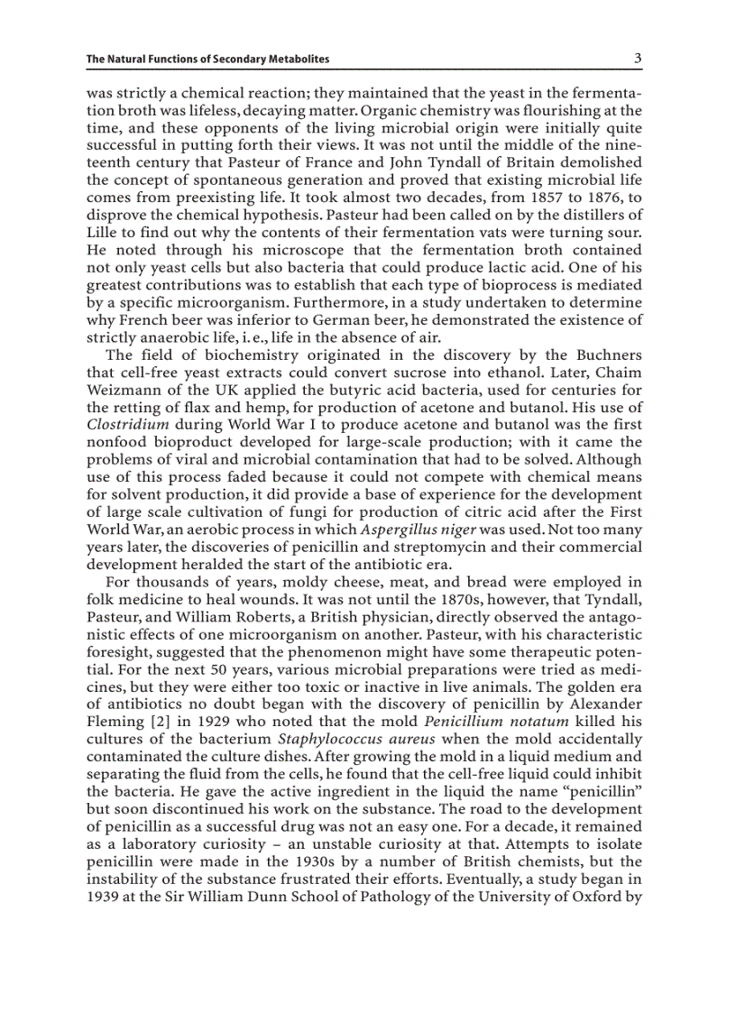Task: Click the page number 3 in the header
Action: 637,59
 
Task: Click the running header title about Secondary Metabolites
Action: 207,60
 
